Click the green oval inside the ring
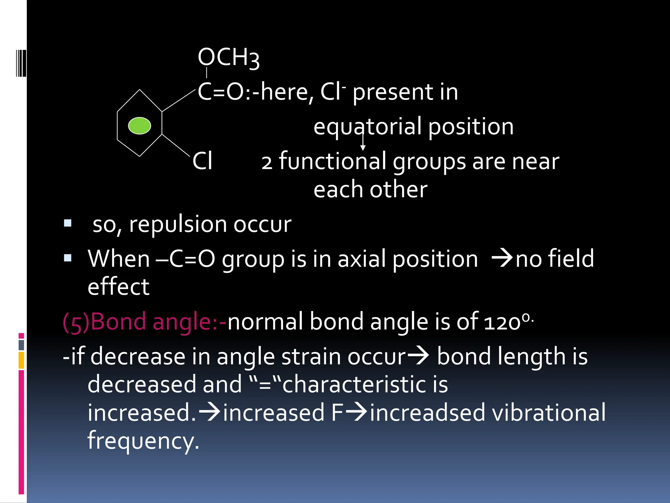coord(139,126)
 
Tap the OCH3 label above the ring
coord(228,58)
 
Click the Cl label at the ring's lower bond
coord(202,161)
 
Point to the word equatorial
coord(367,127)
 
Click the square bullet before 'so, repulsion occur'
coord(68,223)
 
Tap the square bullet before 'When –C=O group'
coord(68,258)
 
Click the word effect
coord(118,287)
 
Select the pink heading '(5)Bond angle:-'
coord(144,322)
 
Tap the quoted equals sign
coord(265,385)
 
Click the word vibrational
coord(549,413)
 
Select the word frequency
coord(143,441)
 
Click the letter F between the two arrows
coord(337,413)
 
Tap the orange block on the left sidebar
coord(21,360)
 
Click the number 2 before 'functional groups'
coord(267,163)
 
